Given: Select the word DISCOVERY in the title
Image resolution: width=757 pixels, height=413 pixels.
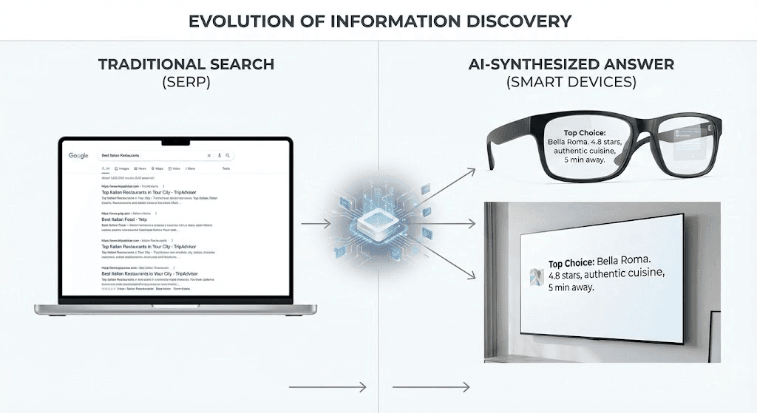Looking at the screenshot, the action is (x=520, y=20).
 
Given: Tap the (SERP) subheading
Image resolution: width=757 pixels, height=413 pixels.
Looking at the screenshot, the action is (x=186, y=82).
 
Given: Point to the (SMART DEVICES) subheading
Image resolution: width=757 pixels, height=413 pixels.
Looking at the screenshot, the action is (x=571, y=82).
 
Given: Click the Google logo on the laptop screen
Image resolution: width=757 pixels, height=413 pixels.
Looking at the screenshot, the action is (x=79, y=156).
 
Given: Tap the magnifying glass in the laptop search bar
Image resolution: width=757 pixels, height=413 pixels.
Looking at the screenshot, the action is (x=229, y=156).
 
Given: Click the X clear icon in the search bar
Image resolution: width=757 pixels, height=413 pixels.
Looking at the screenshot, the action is (x=209, y=156).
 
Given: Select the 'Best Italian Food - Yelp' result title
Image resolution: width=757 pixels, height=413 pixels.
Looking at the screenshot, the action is (x=130, y=219).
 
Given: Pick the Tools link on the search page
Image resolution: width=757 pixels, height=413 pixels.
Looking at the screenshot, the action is (x=226, y=168).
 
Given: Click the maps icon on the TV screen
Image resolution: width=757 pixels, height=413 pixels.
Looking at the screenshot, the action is (x=535, y=275).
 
